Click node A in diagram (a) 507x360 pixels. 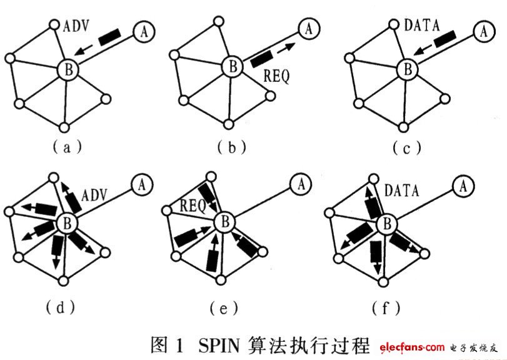(144, 32)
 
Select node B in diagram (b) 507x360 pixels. (233, 67)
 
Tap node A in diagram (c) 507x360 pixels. (484, 31)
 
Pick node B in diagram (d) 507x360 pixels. (68, 223)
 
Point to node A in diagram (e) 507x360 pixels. (301, 184)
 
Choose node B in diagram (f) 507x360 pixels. (387, 224)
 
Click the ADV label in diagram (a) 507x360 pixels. (76, 26)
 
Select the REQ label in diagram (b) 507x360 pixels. (277, 76)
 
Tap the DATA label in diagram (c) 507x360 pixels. (422, 25)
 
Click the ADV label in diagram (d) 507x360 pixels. (94, 195)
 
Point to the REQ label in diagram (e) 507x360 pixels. (193, 206)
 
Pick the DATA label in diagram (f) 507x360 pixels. (402, 191)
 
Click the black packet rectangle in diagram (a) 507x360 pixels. (110, 37)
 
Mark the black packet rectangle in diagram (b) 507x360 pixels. (261, 58)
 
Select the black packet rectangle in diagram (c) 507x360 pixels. (445, 39)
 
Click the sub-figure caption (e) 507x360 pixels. (223, 308)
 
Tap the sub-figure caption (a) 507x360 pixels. (67, 147)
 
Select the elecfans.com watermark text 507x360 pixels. (412, 347)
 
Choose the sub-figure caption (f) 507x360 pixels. (386, 307)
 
